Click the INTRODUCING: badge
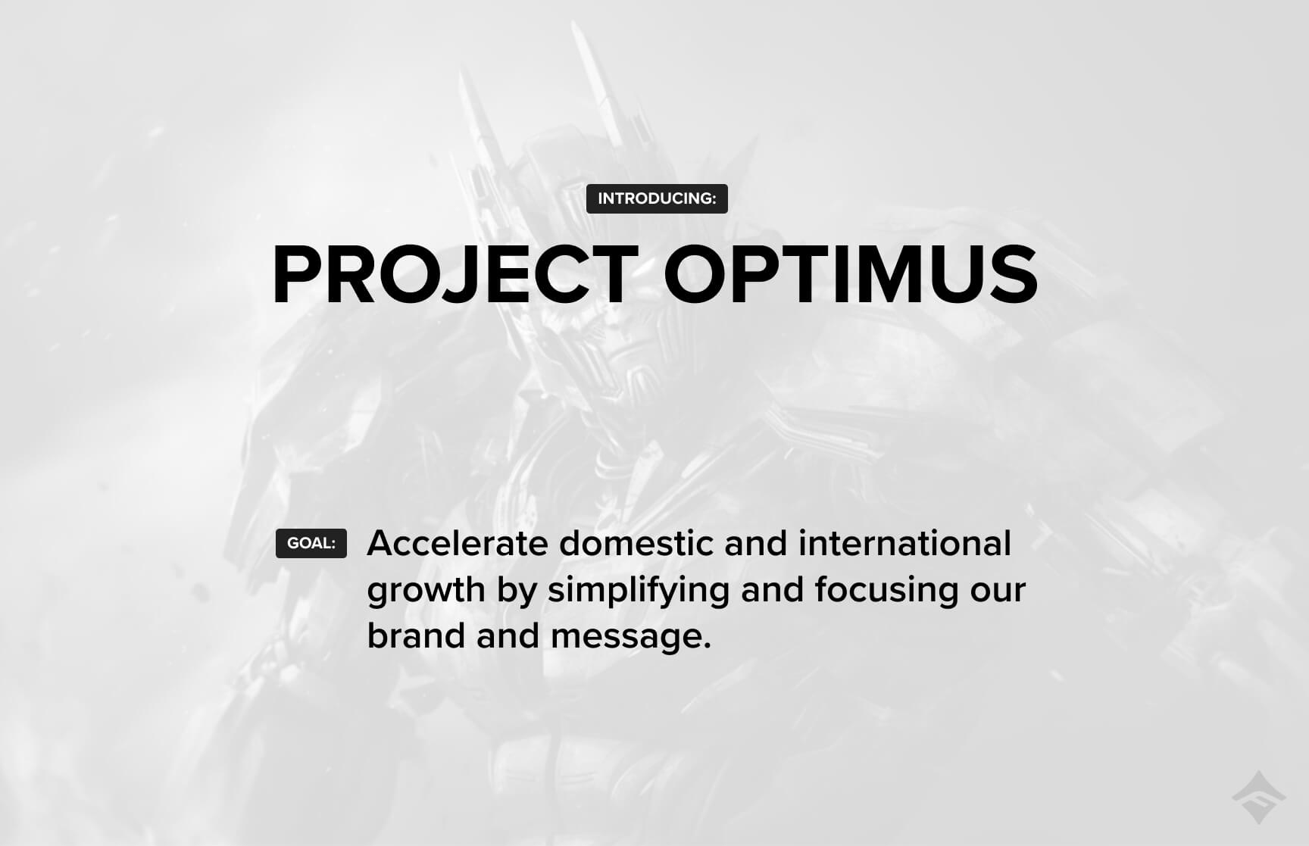(x=657, y=198)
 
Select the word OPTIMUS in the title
(x=851, y=275)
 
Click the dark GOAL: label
(x=311, y=543)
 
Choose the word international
(x=905, y=543)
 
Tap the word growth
(x=426, y=591)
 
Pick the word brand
(x=416, y=635)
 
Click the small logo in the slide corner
(x=1258, y=798)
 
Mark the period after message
(x=707, y=647)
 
